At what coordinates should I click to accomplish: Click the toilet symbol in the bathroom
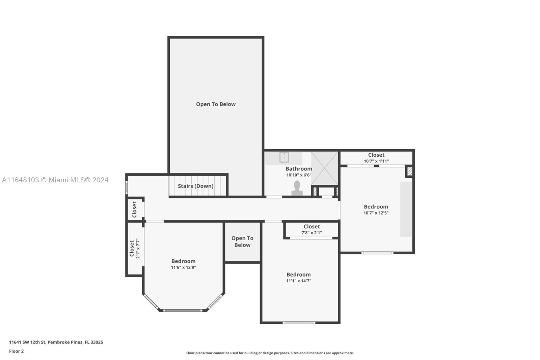coord(297,188)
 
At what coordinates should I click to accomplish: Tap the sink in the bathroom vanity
coord(284,157)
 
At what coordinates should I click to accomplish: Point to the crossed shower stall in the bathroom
coord(324,168)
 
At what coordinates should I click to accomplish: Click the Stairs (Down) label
coord(195,186)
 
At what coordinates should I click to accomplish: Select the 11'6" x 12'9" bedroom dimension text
coord(184,267)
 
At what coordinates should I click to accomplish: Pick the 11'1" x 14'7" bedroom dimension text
coord(299,281)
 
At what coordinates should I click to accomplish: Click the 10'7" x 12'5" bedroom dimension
coord(376,213)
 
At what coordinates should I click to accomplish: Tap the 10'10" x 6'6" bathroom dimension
coord(299,175)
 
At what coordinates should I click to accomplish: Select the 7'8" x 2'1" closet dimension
coord(312,233)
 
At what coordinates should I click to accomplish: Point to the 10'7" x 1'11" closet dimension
coord(376,161)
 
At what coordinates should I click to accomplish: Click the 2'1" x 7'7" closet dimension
coord(138,249)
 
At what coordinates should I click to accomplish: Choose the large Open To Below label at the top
coord(216,104)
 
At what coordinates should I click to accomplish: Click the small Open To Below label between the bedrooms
coord(242,241)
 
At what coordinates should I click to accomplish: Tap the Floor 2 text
coord(17,351)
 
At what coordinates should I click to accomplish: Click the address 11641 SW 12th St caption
coord(56,342)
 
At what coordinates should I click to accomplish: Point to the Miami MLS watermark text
coord(55,180)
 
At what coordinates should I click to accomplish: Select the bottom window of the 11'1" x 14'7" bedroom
coord(299,323)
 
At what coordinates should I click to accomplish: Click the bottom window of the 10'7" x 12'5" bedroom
coord(377,253)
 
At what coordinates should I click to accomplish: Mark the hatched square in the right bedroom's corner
coord(410,171)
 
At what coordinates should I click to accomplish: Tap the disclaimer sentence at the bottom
coord(270,353)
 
